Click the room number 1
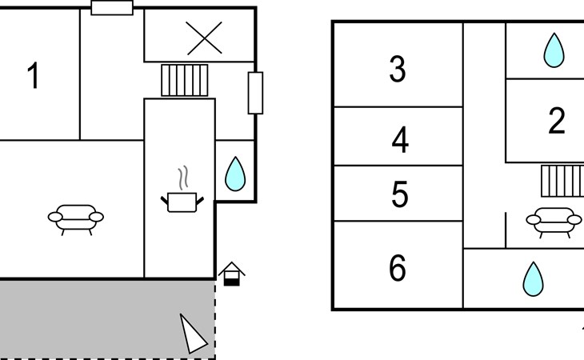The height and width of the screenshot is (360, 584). coord(34,75)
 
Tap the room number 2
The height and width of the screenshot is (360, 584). coord(557,120)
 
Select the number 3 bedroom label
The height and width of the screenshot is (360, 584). coord(398,70)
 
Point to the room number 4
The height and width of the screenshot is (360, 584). coord(400,140)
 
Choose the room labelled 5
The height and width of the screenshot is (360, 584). coord(400,194)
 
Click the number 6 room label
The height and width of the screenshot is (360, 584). coord(398,268)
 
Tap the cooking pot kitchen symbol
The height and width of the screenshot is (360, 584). coord(182,202)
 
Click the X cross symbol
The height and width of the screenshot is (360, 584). coord(204,38)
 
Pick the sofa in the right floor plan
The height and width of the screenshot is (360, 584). coord(554,222)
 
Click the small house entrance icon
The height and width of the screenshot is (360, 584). coord(232,274)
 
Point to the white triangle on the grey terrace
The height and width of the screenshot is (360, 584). coord(192,334)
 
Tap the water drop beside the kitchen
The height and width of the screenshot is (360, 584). coord(235,174)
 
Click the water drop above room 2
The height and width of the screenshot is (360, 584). coord(554,50)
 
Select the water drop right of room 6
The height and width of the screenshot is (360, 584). coord(533,279)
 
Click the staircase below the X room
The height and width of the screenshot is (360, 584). coord(184,81)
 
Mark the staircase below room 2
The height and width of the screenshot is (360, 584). coord(562,181)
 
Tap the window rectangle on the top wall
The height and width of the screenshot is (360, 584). coord(112,8)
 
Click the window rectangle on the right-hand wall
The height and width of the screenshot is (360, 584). coord(255,93)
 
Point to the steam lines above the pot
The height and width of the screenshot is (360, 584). coord(183,178)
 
